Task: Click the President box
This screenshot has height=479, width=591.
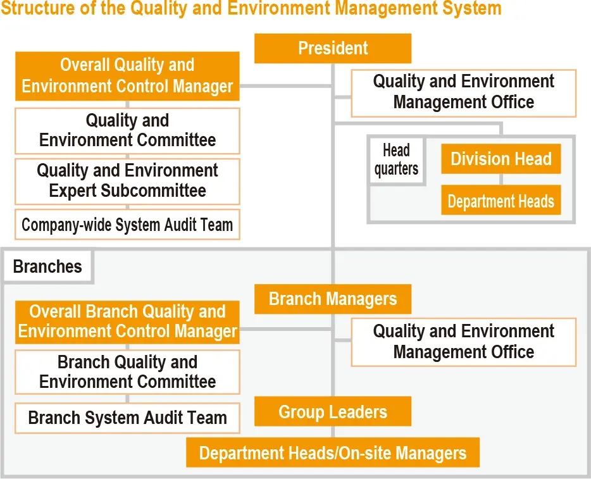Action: click(333, 49)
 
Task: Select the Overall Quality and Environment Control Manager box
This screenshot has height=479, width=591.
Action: click(127, 76)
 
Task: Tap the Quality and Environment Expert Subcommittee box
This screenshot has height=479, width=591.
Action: click(127, 181)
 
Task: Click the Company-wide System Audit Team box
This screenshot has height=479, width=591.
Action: click(127, 225)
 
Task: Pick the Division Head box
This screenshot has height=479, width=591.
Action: click(501, 159)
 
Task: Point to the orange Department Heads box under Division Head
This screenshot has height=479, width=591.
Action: click(501, 201)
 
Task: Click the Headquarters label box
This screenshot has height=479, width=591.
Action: click(396, 160)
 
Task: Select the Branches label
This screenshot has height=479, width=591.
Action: click(47, 266)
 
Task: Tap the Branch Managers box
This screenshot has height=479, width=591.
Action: click(333, 299)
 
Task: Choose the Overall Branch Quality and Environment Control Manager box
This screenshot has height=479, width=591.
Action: click(127, 321)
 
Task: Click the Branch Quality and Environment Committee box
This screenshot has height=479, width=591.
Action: click(127, 372)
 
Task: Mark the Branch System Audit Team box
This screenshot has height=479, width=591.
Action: click(127, 418)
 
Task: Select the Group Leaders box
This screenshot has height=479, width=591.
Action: click(333, 412)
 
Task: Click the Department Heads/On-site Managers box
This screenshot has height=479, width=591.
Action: click(333, 453)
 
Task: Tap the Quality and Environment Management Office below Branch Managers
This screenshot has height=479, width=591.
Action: click(463, 342)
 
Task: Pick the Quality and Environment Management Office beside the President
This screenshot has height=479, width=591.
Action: click(463, 92)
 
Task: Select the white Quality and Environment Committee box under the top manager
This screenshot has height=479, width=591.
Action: click(127, 130)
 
